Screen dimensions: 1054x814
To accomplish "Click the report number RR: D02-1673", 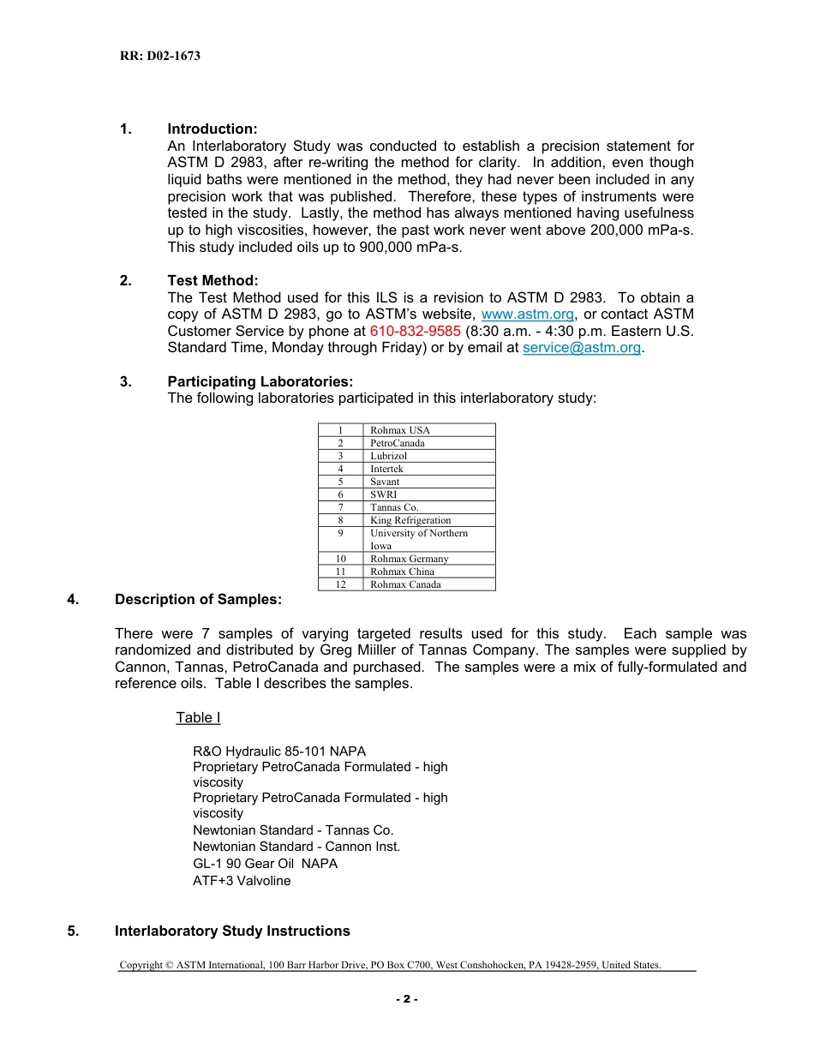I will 159,56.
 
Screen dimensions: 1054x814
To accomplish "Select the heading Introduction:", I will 212,129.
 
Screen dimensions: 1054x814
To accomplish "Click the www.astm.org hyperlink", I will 528,314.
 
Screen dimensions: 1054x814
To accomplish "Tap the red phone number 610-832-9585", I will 415,331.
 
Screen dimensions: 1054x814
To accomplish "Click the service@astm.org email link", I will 581,347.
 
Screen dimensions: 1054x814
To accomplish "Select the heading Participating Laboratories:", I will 260,381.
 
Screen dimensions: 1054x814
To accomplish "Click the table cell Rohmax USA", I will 400,430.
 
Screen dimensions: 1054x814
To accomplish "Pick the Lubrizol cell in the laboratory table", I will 389,456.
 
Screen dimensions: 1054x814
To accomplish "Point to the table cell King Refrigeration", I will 410,520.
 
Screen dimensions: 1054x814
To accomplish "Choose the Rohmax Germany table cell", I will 409,559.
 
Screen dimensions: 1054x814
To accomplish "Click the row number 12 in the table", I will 340,584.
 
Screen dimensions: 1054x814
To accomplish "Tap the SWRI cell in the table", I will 383,494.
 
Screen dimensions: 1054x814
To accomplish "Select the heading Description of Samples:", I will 198,600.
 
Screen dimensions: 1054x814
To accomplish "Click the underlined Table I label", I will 198,717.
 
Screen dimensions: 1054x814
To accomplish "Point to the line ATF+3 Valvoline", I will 242,881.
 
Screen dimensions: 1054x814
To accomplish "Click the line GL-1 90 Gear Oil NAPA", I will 265,864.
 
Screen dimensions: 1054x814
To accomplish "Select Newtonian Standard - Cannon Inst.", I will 296,847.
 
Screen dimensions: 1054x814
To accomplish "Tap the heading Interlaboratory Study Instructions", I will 232,931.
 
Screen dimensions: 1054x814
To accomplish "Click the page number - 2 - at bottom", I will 406,999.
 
